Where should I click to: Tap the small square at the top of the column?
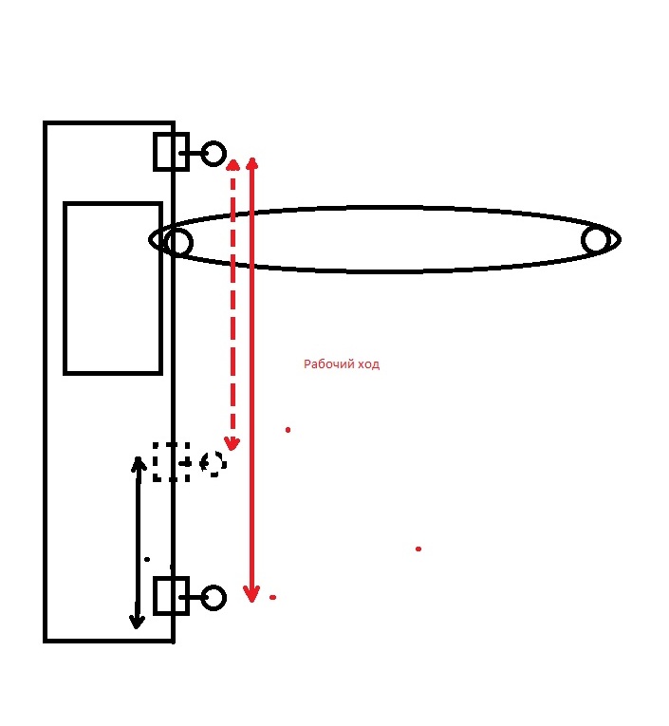(x=171, y=152)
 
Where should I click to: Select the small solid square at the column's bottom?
(x=171, y=596)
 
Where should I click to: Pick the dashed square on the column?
(x=171, y=461)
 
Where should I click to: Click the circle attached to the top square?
(x=214, y=153)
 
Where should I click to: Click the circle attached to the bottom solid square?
(x=214, y=598)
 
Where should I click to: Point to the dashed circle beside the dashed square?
(x=213, y=462)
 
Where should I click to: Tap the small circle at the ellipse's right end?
(x=595, y=240)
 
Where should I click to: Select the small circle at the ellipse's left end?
(x=177, y=243)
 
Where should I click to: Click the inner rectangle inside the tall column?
(x=112, y=288)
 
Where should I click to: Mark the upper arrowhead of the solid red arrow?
(x=252, y=164)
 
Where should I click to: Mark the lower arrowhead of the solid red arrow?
(x=251, y=595)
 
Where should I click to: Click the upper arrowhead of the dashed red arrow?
(x=232, y=167)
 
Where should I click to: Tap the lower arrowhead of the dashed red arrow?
(x=232, y=442)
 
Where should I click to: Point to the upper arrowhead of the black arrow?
(x=139, y=464)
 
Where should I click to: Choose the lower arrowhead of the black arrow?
(x=137, y=622)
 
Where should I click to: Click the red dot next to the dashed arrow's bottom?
(x=288, y=430)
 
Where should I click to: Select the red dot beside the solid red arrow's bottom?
(x=272, y=597)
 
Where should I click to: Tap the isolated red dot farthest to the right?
(x=418, y=549)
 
